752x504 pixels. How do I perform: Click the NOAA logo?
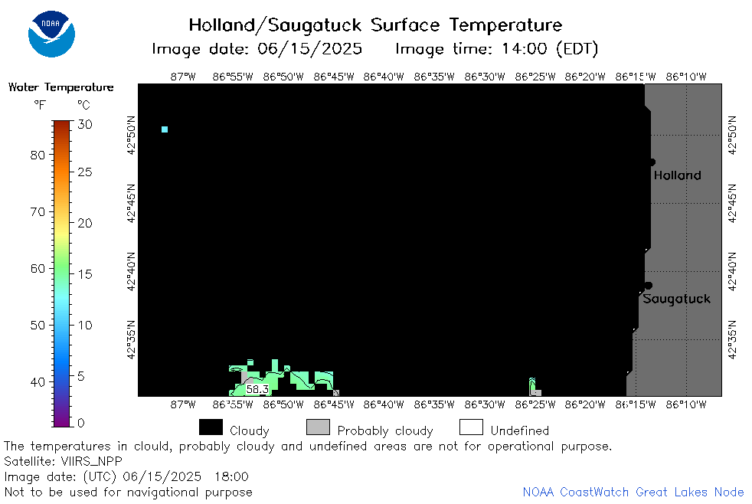click(x=51, y=34)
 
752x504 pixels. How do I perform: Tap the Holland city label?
click(x=677, y=175)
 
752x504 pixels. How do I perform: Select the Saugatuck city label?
click(x=676, y=299)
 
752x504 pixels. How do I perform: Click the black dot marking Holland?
click(x=652, y=162)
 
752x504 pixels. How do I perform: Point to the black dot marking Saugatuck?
click(x=649, y=286)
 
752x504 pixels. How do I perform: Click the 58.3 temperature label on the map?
click(x=257, y=389)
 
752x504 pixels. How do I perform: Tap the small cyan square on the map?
click(x=165, y=129)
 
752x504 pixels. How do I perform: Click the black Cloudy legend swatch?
click(x=211, y=427)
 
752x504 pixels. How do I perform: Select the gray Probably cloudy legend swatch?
click(x=318, y=427)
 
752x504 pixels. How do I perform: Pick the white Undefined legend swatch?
click(x=471, y=427)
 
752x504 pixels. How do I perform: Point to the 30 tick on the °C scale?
click(x=85, y=125)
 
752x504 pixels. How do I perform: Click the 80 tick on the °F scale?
click(x=38, y=155)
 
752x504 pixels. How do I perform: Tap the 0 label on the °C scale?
click(x=81, y=423)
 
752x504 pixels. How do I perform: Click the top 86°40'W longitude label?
click(x=384, y=77)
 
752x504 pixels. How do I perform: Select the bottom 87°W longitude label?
click(x=183, y=404)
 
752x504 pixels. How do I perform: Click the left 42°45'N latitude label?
click(x=131, y=203)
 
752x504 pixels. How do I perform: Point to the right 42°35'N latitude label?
click(x=732, y=339)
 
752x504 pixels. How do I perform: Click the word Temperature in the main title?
click(x=506, y=25)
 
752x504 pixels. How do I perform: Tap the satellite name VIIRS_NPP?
click(x=92, y=461)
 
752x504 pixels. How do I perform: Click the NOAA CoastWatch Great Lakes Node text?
click(x=633, y=492)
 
